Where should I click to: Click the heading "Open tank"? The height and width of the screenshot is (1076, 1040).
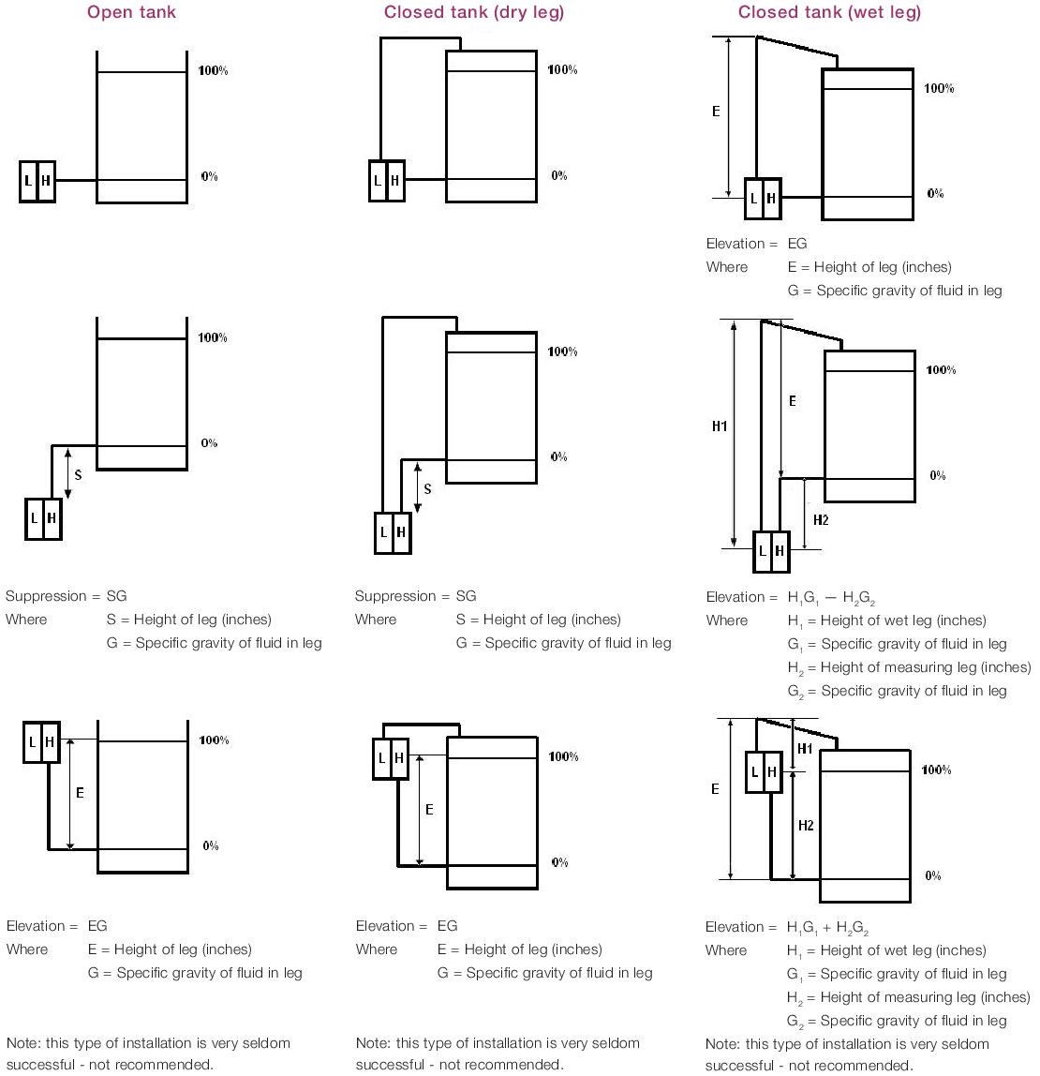click(131, 12)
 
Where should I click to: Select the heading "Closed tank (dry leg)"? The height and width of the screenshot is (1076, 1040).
click(474, 12)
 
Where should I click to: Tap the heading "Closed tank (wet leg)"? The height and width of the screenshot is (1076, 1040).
click(829, 12)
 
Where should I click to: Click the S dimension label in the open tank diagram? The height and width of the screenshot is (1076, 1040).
click(78, 475)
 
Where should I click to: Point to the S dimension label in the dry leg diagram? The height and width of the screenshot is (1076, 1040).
click(428, 488)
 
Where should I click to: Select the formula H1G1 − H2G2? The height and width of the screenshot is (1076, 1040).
click(831, 598)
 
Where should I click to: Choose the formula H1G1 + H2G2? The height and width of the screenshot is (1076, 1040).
click(828, 928)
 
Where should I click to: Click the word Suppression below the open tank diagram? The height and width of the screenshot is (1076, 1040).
click(46, 596)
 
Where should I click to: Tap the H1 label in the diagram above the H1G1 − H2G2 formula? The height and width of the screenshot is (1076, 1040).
click(720, 426)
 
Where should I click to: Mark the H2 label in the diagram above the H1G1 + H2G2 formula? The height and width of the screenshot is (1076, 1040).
click(806, 826)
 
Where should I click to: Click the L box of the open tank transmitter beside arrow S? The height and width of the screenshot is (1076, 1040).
click(35, 518)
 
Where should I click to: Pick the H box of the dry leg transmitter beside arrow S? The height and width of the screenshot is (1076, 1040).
click(402, 532)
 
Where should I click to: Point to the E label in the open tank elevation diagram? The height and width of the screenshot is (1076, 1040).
click(80, 793)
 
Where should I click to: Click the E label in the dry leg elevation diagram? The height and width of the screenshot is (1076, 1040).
click(429, 809)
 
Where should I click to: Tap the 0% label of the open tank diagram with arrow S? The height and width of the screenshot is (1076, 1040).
click(209, 443)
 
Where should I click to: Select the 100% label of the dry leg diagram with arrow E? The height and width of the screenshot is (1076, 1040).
click(563, 756)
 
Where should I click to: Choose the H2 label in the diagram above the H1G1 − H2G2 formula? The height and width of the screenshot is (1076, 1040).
click(821, 520)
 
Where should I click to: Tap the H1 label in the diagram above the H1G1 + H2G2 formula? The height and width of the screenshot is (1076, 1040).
click(805, 749)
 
